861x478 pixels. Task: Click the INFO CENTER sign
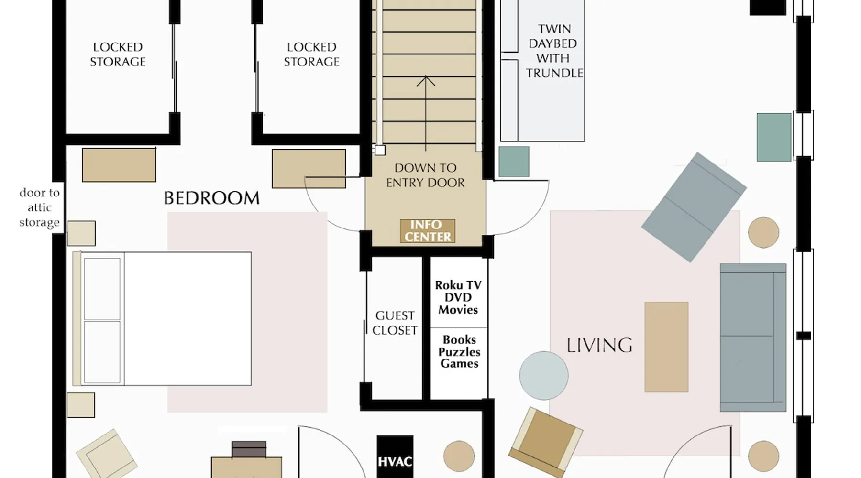428,231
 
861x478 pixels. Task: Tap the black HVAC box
395,457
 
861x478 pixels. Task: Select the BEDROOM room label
212,198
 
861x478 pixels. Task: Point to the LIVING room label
599,345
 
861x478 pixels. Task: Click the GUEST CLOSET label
395,323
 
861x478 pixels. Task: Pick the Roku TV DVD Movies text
458,297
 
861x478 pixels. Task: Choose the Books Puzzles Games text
459,351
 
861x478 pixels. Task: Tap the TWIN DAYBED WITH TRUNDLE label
554,51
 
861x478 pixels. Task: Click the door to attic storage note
40,207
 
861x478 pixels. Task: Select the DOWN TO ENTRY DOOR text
425,175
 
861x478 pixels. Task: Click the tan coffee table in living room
666,347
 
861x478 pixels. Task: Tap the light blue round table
544,375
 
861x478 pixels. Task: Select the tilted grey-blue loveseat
694,207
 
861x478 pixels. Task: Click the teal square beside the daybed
514,162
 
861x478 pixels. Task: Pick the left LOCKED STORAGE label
118,54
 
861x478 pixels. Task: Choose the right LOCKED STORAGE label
311,54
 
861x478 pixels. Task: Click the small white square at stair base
380,151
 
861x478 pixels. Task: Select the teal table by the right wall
774,137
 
